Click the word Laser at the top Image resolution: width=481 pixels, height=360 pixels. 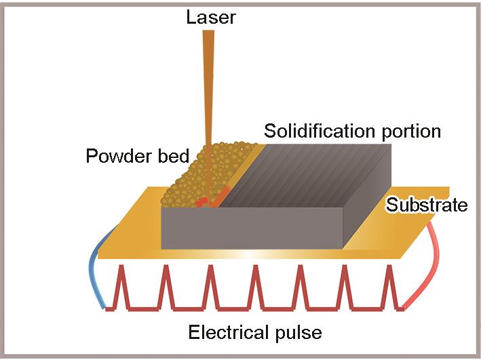click(210, 16)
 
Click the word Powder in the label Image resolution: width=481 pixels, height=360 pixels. click(113, 156)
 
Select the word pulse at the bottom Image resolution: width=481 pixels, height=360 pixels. click(298, 333)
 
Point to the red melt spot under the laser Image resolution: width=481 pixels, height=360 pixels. click(202, 202)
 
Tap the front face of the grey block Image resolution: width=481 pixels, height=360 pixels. click(251, 228)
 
